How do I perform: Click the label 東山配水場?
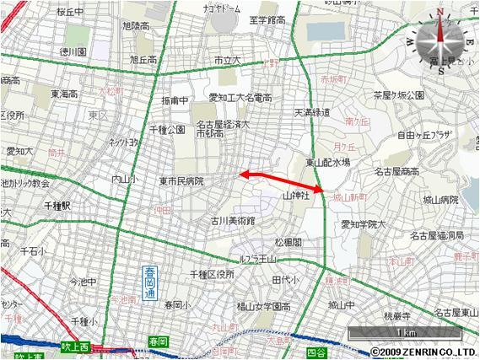[x=328, y=163]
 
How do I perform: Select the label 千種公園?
[x=167, y=130]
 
